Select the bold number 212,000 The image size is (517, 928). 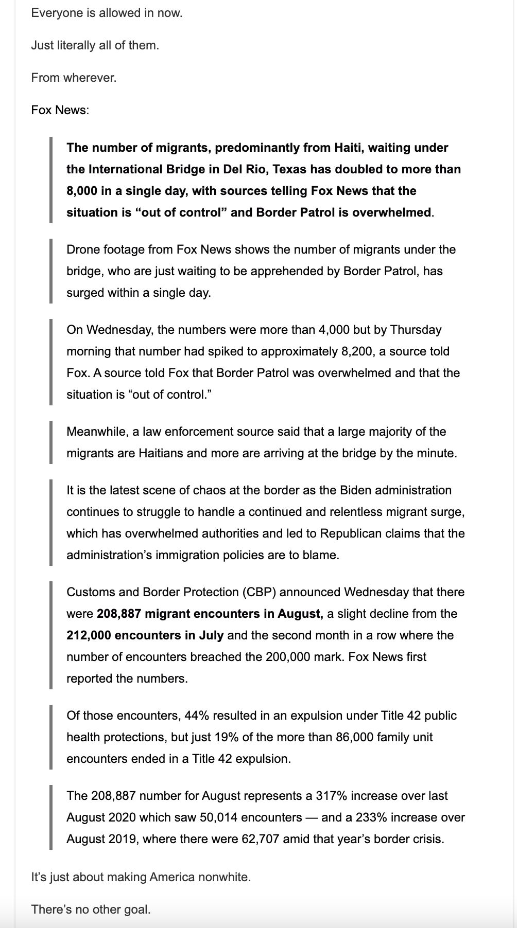pos(89,635)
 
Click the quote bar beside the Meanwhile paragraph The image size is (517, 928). pos(51,442)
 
